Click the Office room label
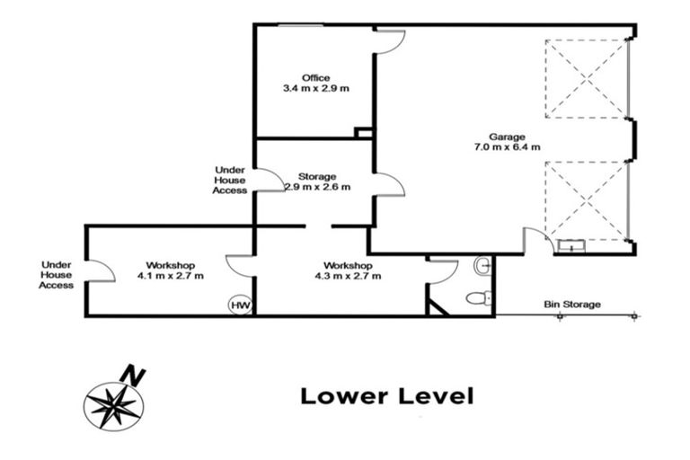click(315, 78)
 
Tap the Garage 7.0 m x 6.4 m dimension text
click(507, 147)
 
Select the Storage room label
click(317, 176)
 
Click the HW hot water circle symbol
click(240, 305)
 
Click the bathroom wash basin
click(482, 265)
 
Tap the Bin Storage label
click(572, 305)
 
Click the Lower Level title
click(387, 395)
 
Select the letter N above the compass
click(132, 376)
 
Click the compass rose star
click(113, 406)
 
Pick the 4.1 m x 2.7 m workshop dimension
click(171, 276)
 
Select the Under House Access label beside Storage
click(229, 180)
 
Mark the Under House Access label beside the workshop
click(56, 275)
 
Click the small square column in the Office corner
click(364, 132)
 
